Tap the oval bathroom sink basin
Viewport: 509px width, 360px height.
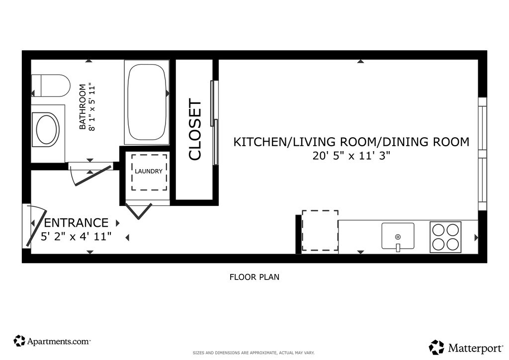tap(48, 129)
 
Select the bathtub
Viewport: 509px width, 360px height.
tap(147, 102)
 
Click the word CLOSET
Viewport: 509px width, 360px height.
tap(195, 130)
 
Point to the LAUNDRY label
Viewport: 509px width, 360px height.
tap(149, 171)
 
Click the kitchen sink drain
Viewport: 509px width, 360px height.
tap(398, 237)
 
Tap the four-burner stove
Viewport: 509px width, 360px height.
tap(445, 237)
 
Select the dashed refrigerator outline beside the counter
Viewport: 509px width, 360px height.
tap(320, 231)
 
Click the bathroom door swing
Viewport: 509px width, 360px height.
tap(91, 176)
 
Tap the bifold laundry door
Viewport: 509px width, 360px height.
tap(139, 210)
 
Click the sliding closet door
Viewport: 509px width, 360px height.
tap(214, 123)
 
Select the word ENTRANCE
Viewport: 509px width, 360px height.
tap(76, 223)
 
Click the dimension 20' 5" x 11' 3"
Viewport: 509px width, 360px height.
tap(351, 156)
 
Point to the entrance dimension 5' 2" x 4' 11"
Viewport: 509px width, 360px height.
tap(76, 236)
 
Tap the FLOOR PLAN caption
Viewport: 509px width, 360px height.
tap(254, 277)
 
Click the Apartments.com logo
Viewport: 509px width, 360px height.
tap(52, 341)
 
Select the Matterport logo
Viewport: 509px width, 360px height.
tap(466, 348)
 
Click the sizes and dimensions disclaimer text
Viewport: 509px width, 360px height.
tap(254, 353)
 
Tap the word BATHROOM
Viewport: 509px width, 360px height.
tap(83, 107)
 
